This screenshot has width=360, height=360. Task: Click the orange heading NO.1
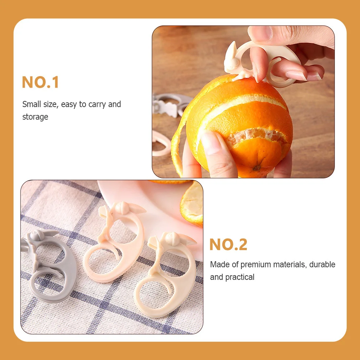(x=40, y=82)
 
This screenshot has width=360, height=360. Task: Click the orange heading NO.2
(x=228, y=245)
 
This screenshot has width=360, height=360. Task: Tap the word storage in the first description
(x=35, y=117)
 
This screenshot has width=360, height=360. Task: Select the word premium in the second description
(x=257, y=264)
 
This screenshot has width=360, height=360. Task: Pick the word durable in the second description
(x=322, y=264)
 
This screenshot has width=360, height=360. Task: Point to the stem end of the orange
(x=257, y=167)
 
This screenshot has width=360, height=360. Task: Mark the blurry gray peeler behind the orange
(x=169, y=104)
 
